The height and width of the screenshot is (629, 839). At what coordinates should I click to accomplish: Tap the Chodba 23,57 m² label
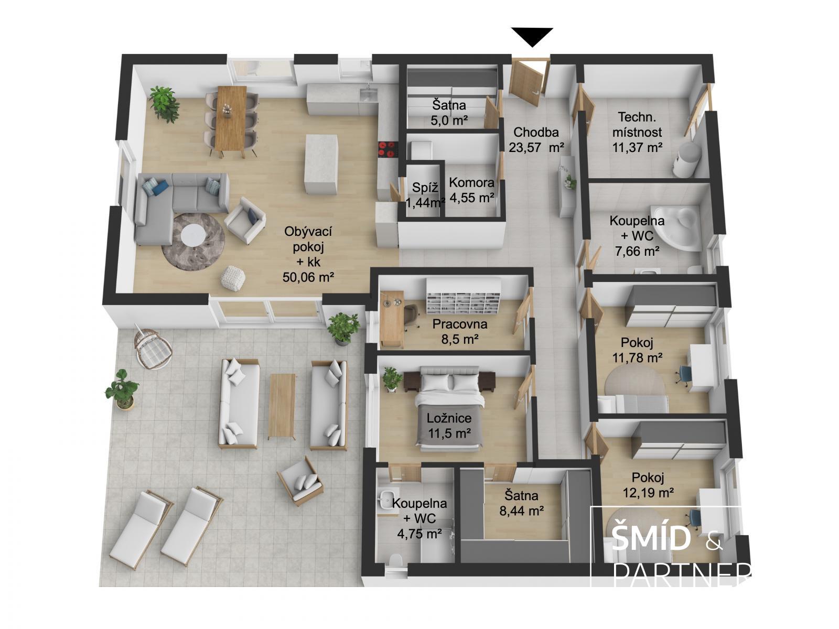[536, 139]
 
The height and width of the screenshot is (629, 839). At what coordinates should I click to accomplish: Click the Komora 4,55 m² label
[471, 190]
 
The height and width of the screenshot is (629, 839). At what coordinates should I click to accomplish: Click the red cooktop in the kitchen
[388, 148]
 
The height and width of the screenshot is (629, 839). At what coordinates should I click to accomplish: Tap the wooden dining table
[231, 118]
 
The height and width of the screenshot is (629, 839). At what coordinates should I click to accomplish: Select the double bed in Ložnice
[450, 409]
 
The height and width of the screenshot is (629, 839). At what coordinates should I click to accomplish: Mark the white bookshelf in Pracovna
[463, 296]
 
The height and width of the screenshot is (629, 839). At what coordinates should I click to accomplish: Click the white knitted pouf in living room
[233, 278]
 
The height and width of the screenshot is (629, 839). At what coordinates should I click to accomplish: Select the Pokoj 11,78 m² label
[637, 350]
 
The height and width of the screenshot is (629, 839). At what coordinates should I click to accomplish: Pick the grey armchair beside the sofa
[245, 220]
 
